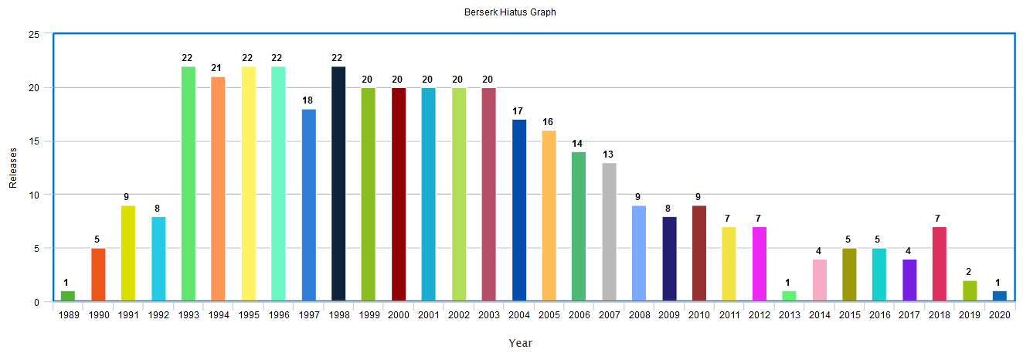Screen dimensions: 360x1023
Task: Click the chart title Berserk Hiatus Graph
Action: (510, 12)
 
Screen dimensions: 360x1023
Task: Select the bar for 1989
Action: (68, 296)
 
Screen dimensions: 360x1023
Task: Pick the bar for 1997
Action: (308, 205)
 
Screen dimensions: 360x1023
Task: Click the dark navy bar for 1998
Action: (338, 184)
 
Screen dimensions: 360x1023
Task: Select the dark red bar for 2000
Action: (399, 194)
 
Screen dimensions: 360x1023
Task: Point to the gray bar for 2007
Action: (609, 232)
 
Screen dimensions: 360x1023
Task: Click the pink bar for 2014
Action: (819, 280)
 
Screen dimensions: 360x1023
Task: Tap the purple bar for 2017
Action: (909, 280)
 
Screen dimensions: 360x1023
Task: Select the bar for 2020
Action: (1000, 296)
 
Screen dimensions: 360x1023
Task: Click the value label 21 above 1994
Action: (218, 68)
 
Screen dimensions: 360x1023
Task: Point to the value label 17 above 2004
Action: (518, 110)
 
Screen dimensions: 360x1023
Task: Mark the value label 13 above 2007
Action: (609, 154)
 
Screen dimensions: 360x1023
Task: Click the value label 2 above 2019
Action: (970, 271)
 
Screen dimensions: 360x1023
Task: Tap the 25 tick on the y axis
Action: (34, 35)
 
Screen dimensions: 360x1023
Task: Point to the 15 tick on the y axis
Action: (34, 141)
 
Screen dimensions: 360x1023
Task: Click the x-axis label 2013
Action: (789, 315)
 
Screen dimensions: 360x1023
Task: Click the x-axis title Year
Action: (520, 343)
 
